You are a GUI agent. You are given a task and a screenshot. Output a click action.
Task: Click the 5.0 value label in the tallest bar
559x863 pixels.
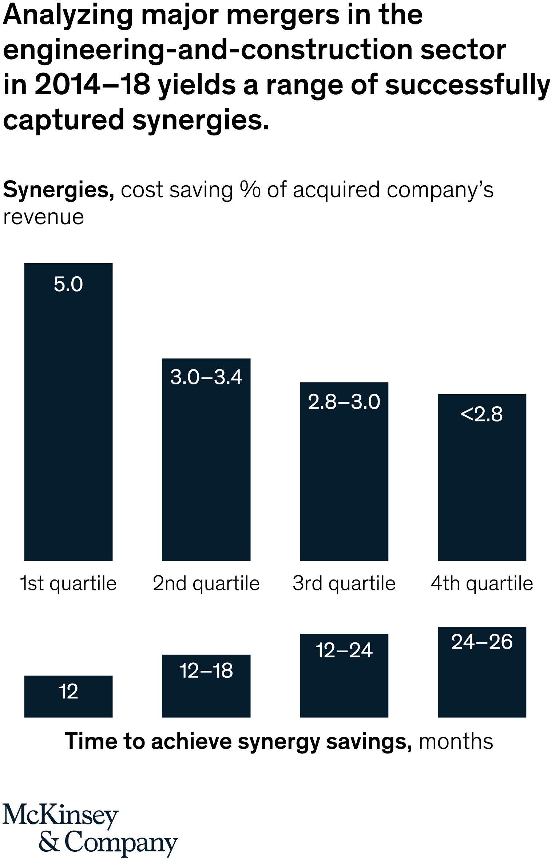68,284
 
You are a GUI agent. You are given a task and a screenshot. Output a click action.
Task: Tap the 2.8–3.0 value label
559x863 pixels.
344,402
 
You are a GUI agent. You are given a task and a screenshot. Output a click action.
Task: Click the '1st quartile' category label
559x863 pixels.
68,583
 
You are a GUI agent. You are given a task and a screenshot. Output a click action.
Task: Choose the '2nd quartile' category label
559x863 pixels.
206,583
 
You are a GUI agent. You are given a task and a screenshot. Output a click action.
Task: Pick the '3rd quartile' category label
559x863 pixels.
344,583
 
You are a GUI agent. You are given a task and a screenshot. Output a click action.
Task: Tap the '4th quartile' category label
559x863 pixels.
482,583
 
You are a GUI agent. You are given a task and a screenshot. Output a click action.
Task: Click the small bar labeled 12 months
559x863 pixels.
68,696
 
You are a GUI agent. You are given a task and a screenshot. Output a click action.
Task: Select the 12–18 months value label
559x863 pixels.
206,670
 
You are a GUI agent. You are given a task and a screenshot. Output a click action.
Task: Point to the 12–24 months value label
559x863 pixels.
344,650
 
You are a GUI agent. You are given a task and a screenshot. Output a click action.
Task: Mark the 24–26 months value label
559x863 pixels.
482,642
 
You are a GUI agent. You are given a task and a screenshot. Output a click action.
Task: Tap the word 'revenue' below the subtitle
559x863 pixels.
44,217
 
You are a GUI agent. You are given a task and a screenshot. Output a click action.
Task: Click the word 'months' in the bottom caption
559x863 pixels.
456,741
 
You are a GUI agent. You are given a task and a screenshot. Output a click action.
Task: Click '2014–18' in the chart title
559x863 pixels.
93,85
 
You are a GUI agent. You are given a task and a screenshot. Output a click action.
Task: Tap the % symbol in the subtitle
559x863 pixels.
250,190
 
